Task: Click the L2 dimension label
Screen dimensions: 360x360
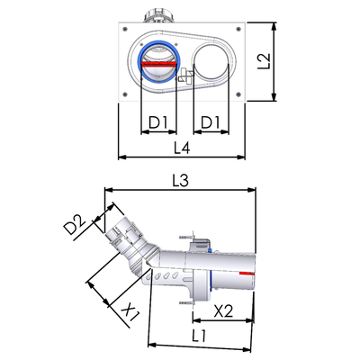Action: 264,61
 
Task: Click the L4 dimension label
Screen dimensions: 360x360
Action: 182,148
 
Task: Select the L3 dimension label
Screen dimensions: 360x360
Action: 180,181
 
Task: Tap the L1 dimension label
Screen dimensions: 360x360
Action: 199,336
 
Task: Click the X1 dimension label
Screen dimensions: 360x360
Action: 130,312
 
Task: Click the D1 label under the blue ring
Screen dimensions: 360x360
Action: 157,122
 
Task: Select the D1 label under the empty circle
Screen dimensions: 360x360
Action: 211,122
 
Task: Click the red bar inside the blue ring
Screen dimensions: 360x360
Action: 158,64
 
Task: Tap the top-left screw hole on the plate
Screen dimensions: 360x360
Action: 125,29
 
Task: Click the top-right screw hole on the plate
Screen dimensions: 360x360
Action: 238,29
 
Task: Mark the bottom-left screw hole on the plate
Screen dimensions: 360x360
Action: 125,94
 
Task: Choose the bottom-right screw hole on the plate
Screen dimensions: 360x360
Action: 238,94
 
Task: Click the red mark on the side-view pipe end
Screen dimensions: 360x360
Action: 247,274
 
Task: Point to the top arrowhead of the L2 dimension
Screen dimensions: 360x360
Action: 274,26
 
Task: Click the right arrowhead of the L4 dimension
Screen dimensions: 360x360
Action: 241,157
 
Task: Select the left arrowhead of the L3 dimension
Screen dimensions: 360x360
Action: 108,190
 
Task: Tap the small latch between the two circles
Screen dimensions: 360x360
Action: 185,76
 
